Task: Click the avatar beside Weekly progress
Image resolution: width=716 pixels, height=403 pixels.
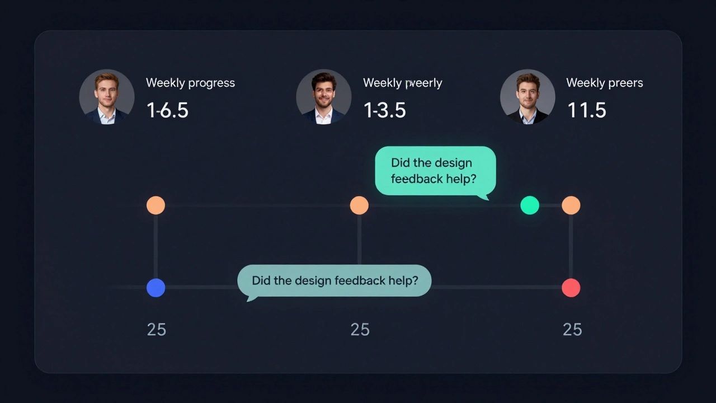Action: (107, 97)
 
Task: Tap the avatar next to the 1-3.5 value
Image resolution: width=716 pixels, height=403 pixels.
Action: (324, 97)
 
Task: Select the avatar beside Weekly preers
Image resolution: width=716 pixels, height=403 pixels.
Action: (527, 97)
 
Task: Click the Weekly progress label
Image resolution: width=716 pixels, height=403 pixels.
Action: (190, 83)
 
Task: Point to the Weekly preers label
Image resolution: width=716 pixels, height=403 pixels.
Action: (604, 83)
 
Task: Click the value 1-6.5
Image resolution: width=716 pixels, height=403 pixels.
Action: (167, 110)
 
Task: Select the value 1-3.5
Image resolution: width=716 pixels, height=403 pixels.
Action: (384, 110)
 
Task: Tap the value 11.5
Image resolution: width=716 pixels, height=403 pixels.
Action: (586, 110)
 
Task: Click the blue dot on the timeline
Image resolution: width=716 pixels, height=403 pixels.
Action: (156, 288)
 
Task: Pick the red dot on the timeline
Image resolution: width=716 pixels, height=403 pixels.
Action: (571, 288)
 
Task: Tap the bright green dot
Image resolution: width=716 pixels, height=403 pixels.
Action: (529, 205)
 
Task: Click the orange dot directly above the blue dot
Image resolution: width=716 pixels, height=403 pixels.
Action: (156, 205)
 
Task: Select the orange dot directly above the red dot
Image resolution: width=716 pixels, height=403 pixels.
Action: (571, 205)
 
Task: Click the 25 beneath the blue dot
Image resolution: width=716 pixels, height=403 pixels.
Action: (156, 330)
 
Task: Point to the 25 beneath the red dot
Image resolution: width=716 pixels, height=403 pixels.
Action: (572, 330)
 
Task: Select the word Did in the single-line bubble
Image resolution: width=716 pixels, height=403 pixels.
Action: (261, 280)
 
